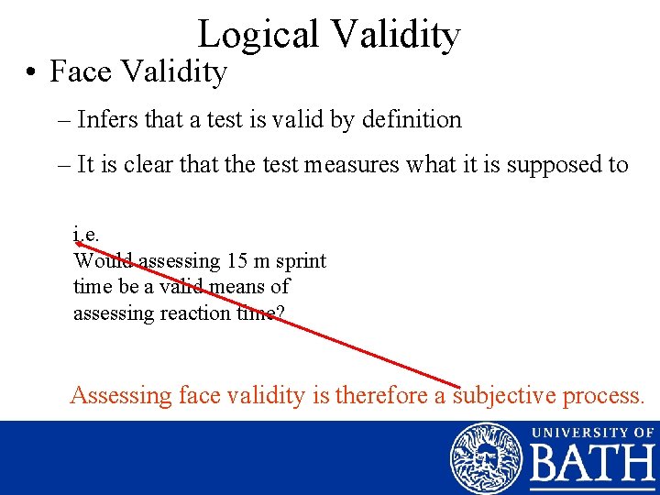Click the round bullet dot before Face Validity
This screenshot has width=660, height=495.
pos(31,71)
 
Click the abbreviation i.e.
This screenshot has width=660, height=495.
pos(86,235)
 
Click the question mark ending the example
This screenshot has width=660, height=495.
pos(280,313)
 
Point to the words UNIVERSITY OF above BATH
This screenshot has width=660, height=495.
pos(592,431)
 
